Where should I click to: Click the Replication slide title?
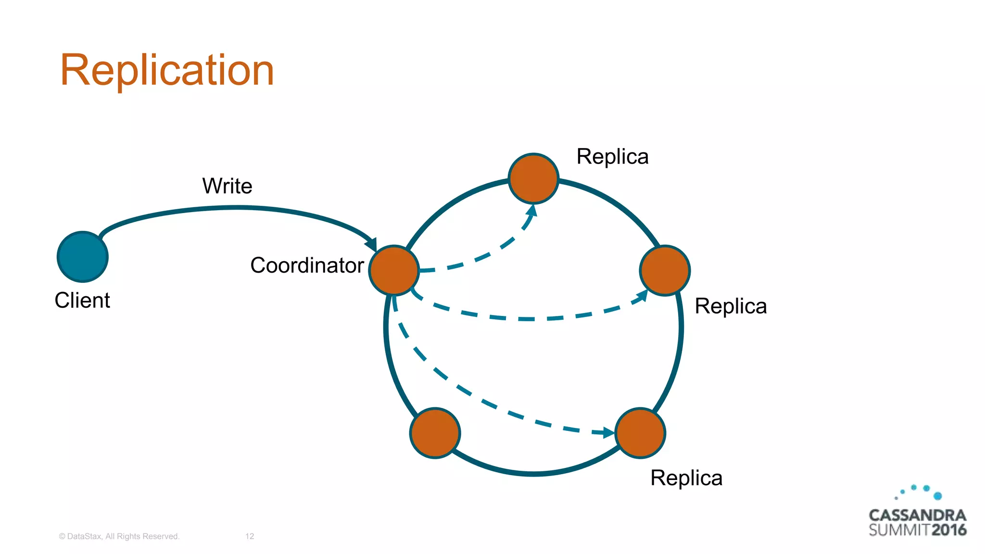coord(167,70)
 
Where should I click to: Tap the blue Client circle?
coord(83,257)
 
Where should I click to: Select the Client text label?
coord(82,301)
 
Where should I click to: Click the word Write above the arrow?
coord(227,186)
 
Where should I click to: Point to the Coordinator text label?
coord(307,265)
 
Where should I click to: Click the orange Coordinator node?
coord(394,270)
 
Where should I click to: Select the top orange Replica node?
coord(533,178)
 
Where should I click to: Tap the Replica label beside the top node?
coord(612,157)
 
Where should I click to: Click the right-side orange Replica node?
coord(665,270)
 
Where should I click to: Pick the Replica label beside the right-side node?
coord(731,306)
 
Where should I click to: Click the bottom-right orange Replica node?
coord(640,433)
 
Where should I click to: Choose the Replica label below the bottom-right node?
coord(686,478)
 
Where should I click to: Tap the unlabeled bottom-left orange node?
coord(435,433)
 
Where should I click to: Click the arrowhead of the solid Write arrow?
coord(371,244)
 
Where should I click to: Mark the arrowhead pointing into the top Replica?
coord(532,211)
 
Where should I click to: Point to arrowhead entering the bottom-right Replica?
coord(608,432)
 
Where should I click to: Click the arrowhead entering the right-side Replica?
coord(642,296)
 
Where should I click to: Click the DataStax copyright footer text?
coord(119,536)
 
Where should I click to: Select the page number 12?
coord(250,536)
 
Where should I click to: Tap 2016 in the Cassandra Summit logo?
coord(948,530)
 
